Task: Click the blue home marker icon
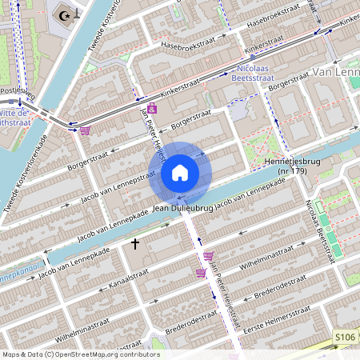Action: click(180, 172)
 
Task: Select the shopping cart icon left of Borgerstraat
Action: click(85, 130)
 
